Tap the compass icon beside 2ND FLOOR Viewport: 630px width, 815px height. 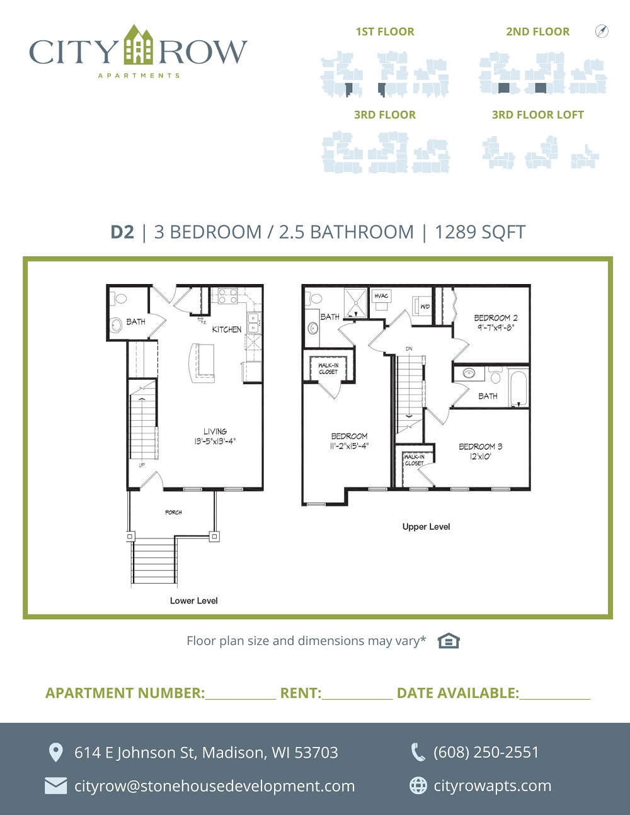coord(602,31)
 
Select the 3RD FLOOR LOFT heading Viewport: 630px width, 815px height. coord(538,115)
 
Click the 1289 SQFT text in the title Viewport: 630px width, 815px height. coord(479,232)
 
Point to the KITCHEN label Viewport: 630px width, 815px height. coord(227,329)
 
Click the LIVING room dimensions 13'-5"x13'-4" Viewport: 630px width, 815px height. coord(215,441)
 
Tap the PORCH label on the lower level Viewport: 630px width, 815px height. coord(174,512)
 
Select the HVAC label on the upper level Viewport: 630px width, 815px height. coord(381,296)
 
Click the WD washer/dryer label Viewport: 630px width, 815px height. coord(425,307)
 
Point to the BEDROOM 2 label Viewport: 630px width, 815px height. coord(496,317)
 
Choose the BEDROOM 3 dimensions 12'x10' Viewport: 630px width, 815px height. coord(480,457)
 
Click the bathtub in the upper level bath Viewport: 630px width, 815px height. coord(518,388)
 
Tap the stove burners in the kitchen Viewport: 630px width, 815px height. coord(228,295)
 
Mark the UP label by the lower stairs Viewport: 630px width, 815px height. coord(142,465)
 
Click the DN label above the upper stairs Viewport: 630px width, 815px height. coord(409,349)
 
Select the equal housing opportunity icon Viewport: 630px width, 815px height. coord(449,641)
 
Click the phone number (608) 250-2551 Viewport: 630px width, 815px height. coord(486,752)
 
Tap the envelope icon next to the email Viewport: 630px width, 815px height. coord(56,786)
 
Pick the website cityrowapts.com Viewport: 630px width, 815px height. coord(493,785)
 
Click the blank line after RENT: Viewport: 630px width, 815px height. coord(357,699)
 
